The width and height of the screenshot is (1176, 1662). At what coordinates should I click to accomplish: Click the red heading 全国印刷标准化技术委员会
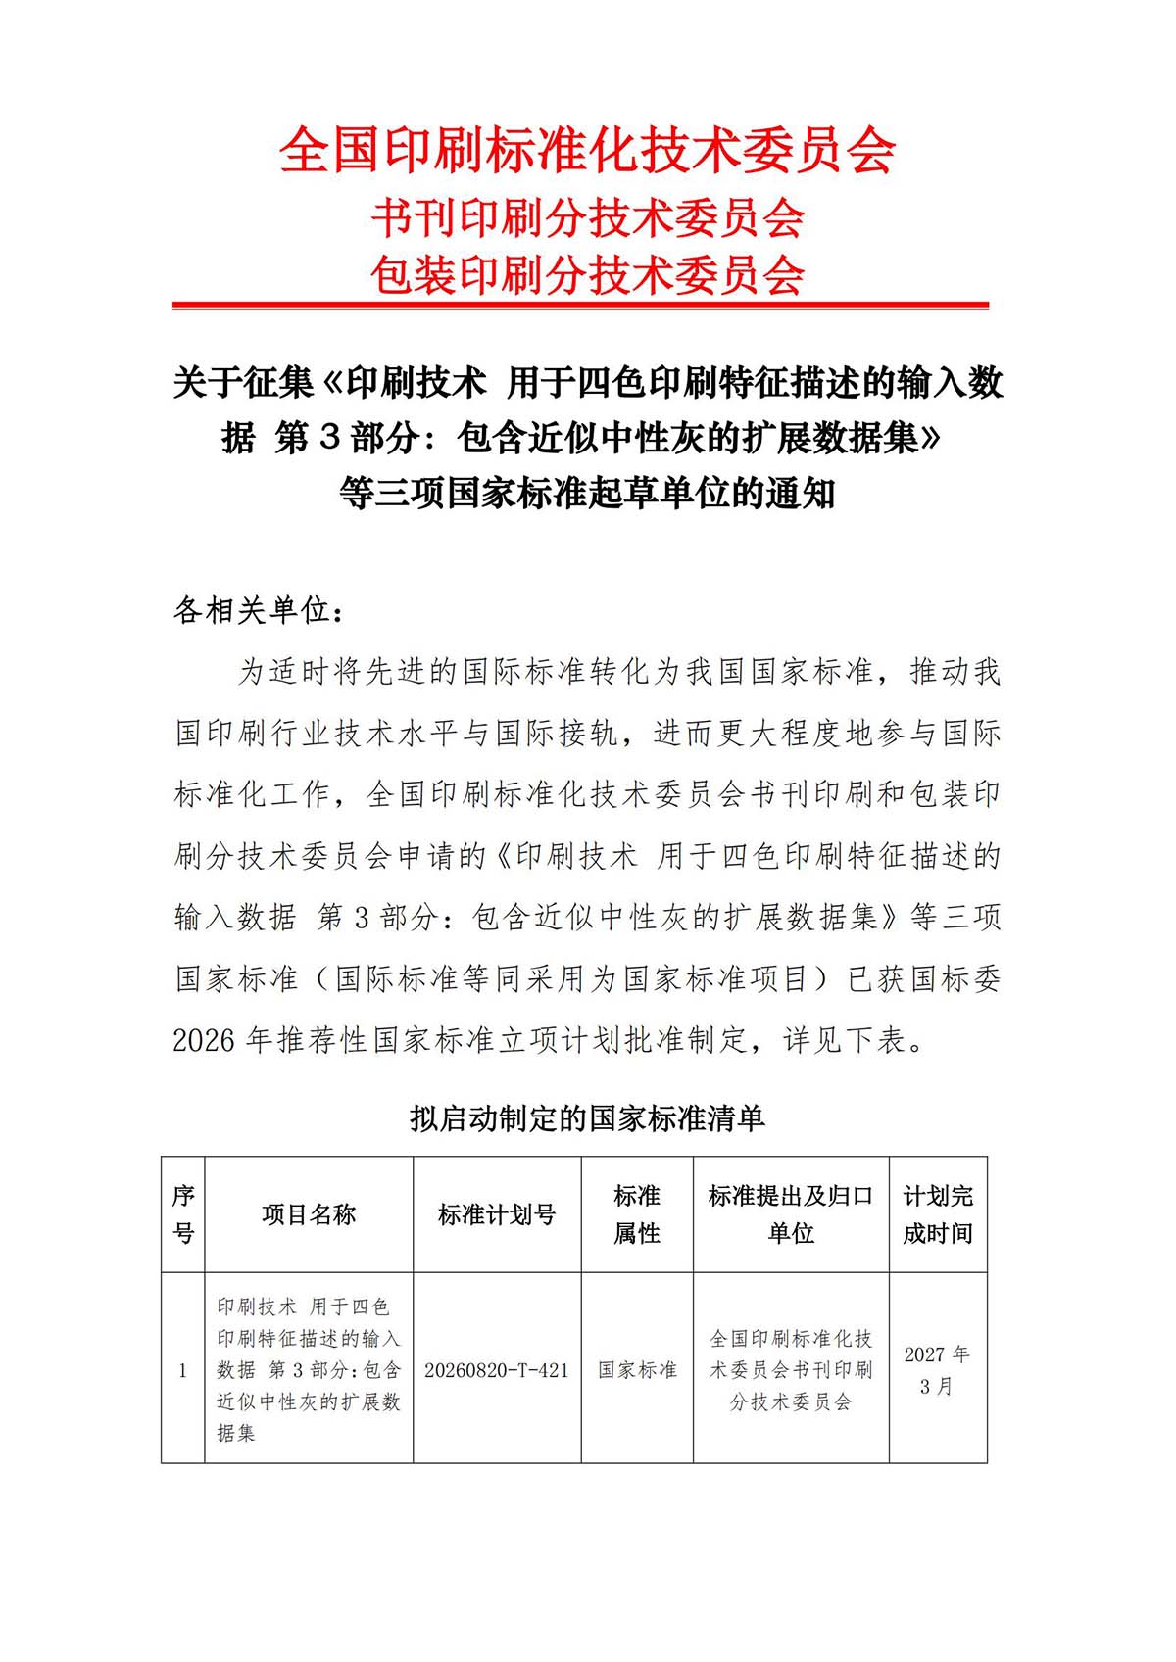coord(587,151)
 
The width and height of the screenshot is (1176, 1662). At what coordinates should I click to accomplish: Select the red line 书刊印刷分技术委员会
coord(587,217)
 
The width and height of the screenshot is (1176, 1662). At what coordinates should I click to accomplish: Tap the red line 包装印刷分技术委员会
coord(587,275)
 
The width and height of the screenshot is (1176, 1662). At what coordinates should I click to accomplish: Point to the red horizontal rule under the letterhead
coord(580,306)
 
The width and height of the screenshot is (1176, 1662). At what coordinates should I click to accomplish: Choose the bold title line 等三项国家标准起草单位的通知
coord(587,493)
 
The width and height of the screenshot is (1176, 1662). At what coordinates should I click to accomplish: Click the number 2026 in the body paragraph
coord(204,1040)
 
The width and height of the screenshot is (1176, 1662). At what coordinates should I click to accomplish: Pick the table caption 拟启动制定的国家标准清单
coord(587,1118)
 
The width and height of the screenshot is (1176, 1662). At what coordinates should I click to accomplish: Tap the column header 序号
coord(183,1214)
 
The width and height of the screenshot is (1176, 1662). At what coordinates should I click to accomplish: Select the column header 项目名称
coord(309,1214)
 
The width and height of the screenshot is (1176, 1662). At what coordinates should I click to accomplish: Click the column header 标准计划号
coord(497,1214)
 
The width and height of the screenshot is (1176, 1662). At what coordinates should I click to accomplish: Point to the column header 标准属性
coord(637,1214)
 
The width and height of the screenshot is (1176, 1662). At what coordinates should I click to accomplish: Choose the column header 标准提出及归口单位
coord(791,1214)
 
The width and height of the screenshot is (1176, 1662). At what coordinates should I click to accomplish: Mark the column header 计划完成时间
coord(938,1214)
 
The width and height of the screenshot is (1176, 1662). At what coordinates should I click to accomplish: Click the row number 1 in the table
coord(183,1370)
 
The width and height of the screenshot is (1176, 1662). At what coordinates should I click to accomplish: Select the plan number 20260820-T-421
coord(497,1370)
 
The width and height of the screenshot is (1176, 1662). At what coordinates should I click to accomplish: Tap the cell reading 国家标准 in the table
coord(637,1370)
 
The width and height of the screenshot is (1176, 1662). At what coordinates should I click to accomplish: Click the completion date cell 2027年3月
coord(938,1370)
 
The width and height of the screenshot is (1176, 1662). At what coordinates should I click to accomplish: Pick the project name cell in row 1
coord(309,1369)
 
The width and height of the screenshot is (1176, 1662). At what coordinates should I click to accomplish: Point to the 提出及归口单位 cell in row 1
coord(791,1369)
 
